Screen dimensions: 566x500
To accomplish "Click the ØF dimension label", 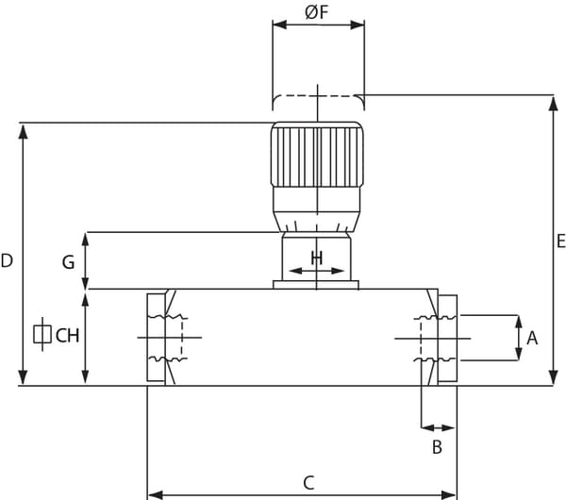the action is point(317,12).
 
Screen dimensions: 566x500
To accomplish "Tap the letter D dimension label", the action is point(7,260).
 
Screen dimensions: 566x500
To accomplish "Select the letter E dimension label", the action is point(560,241).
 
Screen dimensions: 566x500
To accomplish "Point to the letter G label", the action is point(68,262).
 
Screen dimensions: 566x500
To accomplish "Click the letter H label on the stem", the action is point(317,258).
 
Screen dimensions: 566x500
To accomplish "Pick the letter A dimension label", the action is point(532,339).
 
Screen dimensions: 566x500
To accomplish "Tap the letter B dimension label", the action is point(437,447).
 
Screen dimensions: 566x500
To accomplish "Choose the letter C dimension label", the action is point(308,483).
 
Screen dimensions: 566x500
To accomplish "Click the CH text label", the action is point(67,336).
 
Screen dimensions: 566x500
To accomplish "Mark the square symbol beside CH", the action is point(42,334).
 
